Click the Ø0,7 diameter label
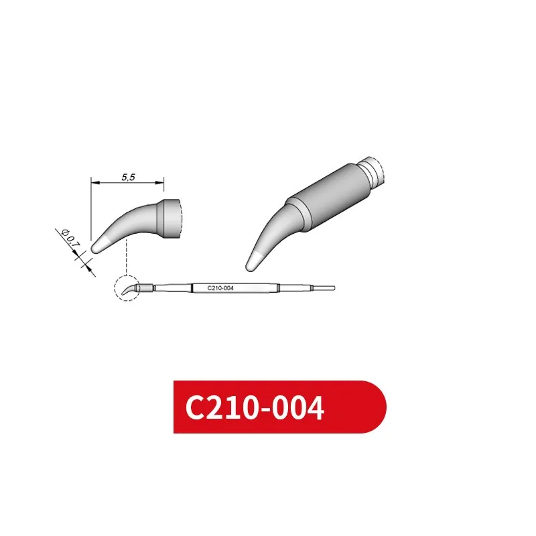tap(69, 239)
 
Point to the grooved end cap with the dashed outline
tap(374, 170)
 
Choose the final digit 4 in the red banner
tap(313, 408)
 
